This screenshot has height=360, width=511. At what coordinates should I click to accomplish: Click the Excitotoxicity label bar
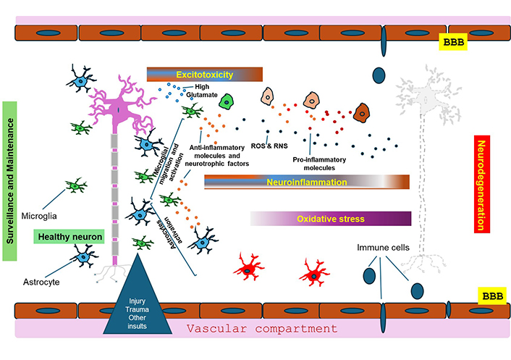point(203,74)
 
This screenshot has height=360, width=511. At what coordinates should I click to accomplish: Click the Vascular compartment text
point(261,328)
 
